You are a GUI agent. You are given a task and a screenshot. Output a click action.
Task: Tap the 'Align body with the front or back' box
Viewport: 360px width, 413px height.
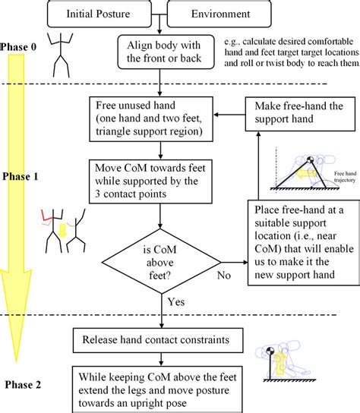pos(159,50)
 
